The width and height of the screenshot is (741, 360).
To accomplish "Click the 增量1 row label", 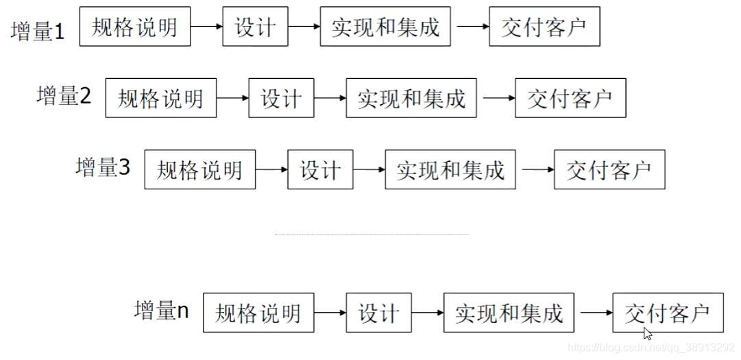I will pos(38,32).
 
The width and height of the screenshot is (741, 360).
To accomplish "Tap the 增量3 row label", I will pos(103,167).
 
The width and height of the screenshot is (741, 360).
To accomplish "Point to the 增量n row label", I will pos(162,311).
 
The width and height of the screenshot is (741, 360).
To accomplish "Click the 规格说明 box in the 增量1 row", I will pos(135,27).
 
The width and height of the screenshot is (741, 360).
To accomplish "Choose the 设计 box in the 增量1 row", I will pos(255,27).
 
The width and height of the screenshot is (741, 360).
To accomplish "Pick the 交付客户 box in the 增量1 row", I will pos(544,27).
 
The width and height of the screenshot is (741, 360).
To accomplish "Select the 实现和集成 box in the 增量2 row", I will pos(411,98).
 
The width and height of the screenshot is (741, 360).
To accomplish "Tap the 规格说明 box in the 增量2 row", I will pos(161,98).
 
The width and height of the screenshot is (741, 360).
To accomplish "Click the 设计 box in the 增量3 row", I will pos(320,169).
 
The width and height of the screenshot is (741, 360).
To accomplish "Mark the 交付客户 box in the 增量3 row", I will pos(609,169).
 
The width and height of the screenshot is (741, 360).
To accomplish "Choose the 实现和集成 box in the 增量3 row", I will pos(450,169).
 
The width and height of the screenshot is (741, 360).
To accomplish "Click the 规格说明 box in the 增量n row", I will pos(258,313).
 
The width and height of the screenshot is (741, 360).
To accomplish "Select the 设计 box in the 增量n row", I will pos(378,313).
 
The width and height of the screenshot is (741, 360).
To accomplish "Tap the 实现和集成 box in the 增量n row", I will pos(509,313).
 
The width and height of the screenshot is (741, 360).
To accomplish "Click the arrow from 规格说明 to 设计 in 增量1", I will pos(206,27).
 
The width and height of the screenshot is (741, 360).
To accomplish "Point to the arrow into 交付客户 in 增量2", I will pos(499,98).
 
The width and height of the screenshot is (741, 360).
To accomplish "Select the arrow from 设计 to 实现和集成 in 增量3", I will pos(369,169).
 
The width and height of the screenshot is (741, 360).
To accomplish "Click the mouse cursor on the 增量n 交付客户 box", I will pos(647,333).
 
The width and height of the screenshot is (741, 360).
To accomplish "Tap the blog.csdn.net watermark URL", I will pos(651,348).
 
